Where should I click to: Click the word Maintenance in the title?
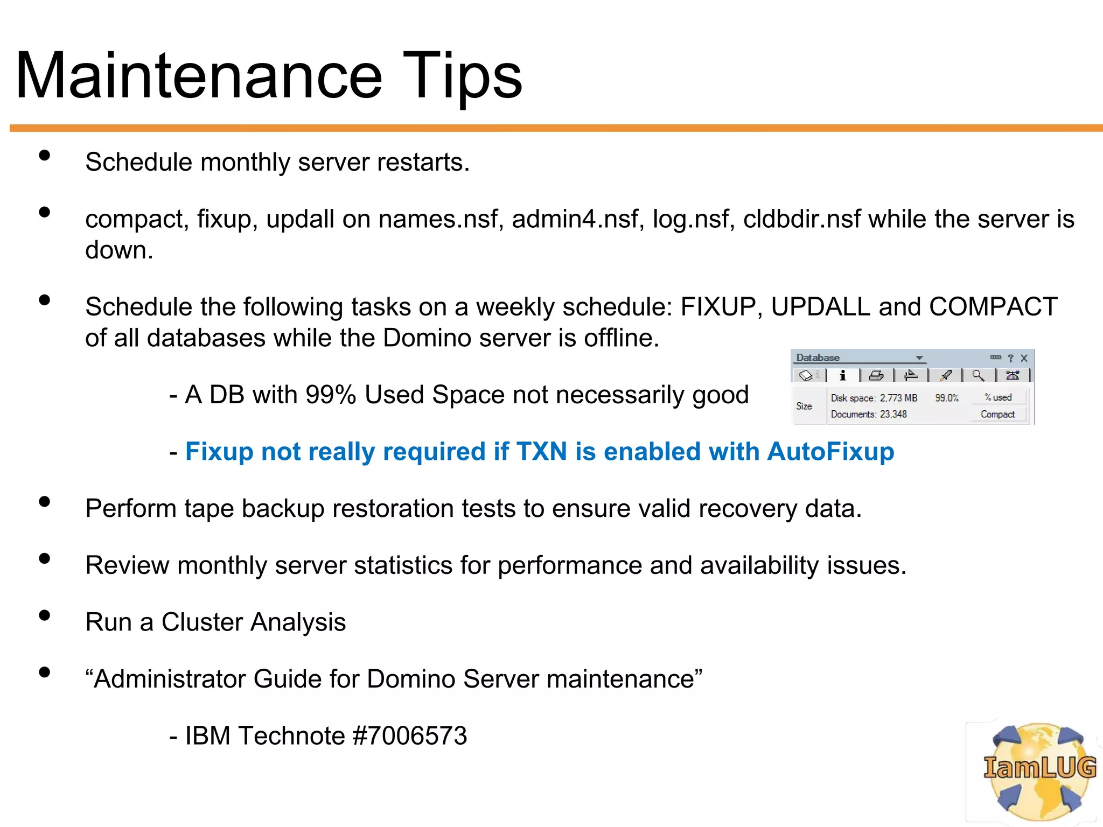click(x=199, y=75)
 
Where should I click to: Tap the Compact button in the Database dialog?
click(x=997, y=414)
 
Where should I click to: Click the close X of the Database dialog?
click(x=1024, y=358)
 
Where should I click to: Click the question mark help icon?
click(x=1010, y=358)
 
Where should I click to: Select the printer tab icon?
click(x=876, y=375)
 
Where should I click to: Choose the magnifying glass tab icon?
click(x=978, y=375)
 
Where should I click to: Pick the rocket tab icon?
click(x=945, y=375)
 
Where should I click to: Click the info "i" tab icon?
click(x=843, y=375)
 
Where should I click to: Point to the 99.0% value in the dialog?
click(x=947, y=398)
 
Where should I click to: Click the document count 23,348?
click(x=893, y=414)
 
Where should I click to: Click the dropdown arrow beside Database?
click(x=919, y=358)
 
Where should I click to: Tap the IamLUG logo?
click(x=1039, y=770)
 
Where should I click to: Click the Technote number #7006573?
click(x=409, y=735)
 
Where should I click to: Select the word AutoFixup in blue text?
click(x=830, y=451)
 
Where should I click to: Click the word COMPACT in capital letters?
click(x=993, y=307)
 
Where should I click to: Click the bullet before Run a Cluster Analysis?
click(x=45, y=615)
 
